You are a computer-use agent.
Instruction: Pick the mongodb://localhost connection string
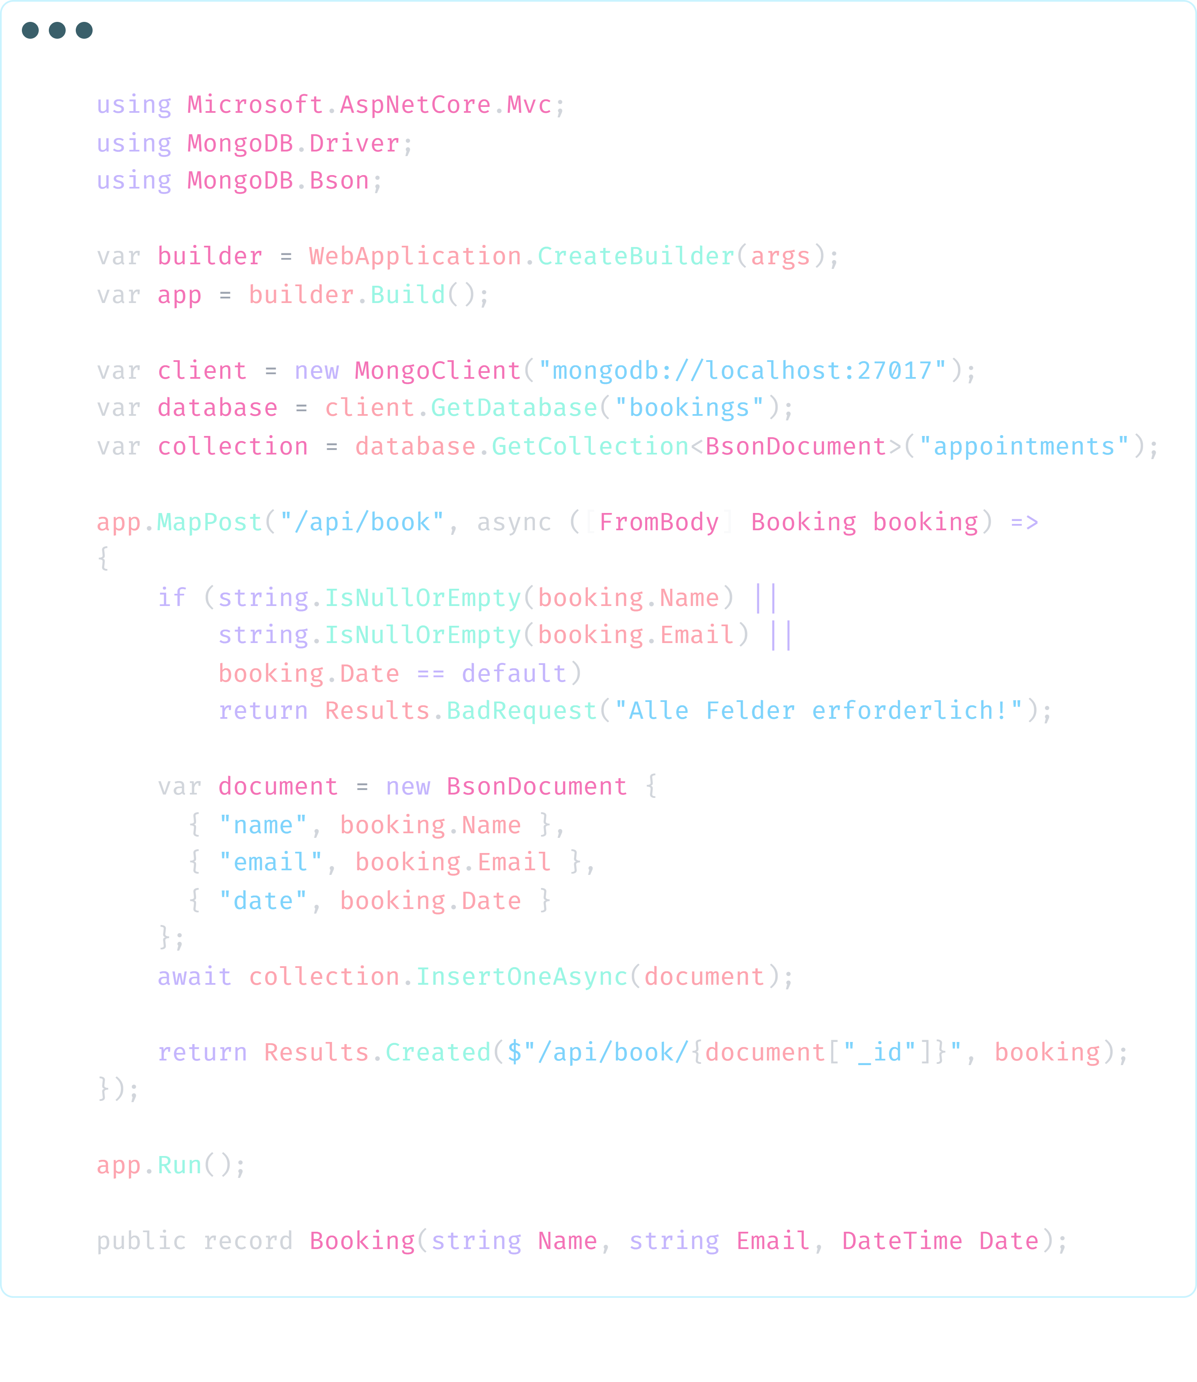pos(745,371)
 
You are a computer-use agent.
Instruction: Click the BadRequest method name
pos(524,713)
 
